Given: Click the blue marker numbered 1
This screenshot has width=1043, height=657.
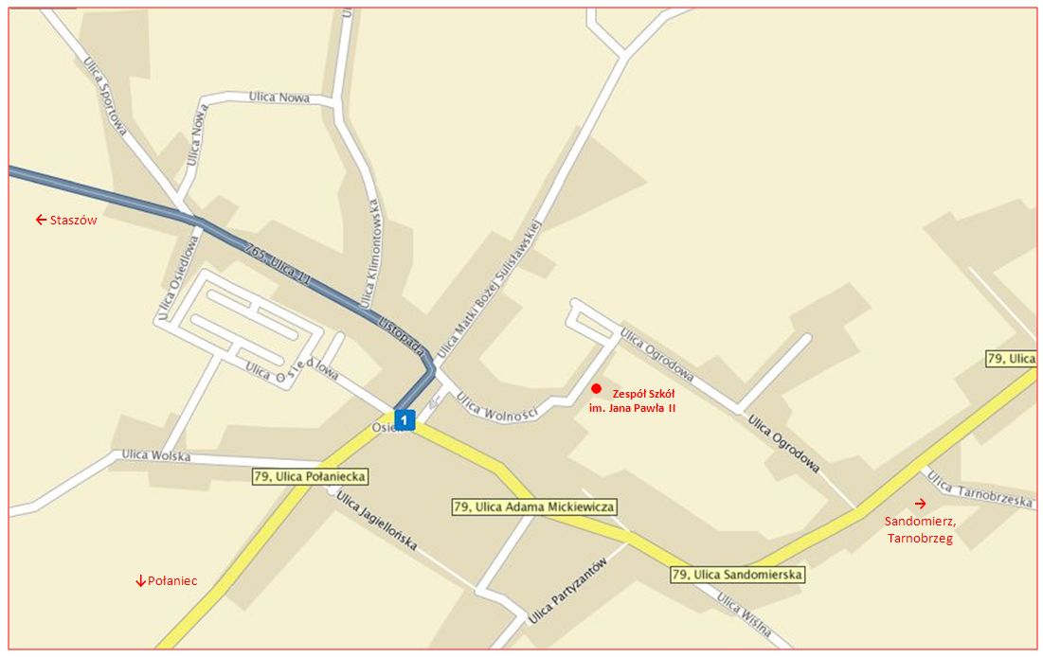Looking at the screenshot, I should pyautogui.click(x=405, y=418).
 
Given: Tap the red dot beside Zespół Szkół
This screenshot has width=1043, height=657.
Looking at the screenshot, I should pyautogui.click(x=596, y=388).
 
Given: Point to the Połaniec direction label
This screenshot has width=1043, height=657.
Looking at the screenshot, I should pyautogui.click(x=167, y=580).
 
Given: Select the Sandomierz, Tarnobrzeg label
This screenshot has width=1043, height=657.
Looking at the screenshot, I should pyautogui.click(x=919, y=530).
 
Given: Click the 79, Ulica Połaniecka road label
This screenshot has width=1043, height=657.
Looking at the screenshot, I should pyautogui.click(x=310, y=476).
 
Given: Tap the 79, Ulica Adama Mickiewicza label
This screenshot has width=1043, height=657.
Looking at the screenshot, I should pyautogui.click(x=534, y=507).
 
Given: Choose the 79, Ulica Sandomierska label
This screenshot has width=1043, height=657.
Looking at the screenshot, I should pyautogui.click(x=738, y=575).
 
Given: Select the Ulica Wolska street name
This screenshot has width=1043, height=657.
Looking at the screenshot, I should pyautogui.click(x=155, y=456).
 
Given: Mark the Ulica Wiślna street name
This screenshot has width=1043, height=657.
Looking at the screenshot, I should pyautogui.click(x=744, y=615).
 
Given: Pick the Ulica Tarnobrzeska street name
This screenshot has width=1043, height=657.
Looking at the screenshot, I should pyautogui.click(x=980, y=489).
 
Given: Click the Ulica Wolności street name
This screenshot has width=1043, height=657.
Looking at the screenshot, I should pyautogui.click(x=497, y=407).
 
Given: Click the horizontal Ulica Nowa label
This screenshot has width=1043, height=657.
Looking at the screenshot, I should pyautogui.click(x=279, y=98).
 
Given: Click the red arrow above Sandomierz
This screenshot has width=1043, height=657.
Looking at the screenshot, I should pyautogui.click(x=920, y=503).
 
